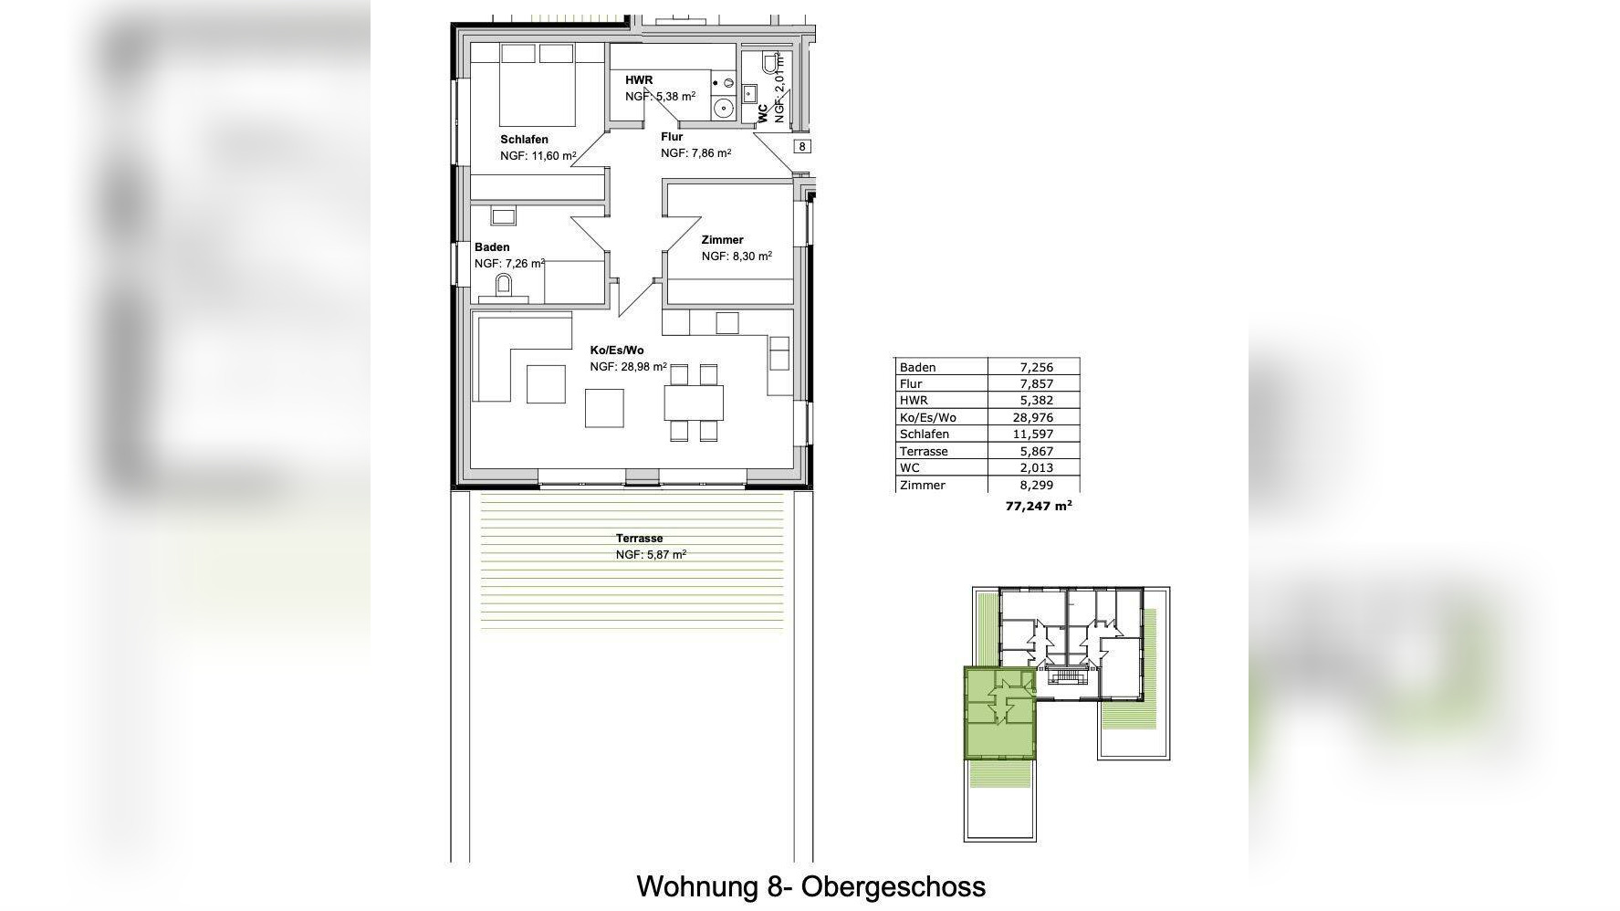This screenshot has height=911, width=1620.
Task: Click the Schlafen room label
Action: (524, 140)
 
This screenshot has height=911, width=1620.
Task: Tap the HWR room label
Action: (639, 80)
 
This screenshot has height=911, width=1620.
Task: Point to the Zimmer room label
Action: (722, 240)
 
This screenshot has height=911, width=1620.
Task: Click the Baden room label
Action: (492, 247)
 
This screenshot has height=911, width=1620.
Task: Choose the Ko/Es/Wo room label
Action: (617, 351)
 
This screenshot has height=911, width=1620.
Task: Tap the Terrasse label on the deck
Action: (639, 539)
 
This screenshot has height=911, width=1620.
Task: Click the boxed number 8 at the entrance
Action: (802, 146)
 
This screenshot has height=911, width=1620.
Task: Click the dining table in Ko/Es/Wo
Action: (694, 403)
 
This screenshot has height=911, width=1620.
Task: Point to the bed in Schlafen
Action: (537, 84)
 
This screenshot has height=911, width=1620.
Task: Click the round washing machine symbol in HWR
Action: (724, 108)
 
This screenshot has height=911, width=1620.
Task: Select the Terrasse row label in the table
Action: (924, 451)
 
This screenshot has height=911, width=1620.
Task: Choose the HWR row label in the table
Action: (914, 401)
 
